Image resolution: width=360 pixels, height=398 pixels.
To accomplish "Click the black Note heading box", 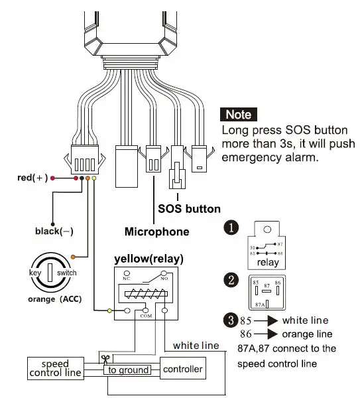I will (x=239, y=113).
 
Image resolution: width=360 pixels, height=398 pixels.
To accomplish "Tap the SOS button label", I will (x=189, y=208).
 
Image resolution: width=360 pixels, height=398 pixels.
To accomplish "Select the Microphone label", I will (x=156, y=232).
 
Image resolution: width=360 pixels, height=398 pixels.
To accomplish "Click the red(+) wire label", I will (x=32, y=178).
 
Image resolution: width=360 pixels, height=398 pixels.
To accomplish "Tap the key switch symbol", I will (x=48, y=273).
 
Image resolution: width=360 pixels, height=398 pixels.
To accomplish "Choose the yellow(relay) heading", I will (x=149, y=258).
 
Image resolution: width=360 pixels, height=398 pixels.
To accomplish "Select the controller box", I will (x=182, y=368).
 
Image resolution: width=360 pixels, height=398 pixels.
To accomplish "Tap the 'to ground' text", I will (x=129, y=370).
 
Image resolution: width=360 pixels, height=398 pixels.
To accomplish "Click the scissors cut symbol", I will (x=104, y=358).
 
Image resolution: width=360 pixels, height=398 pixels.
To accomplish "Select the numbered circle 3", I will (x=230, y=320).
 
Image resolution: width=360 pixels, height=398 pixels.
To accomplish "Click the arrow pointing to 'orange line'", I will (x=264, y=334).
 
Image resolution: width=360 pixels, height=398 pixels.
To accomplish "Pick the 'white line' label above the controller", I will (x=196, y=346).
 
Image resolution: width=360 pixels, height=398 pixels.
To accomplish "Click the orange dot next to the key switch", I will (x=73, y=256).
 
